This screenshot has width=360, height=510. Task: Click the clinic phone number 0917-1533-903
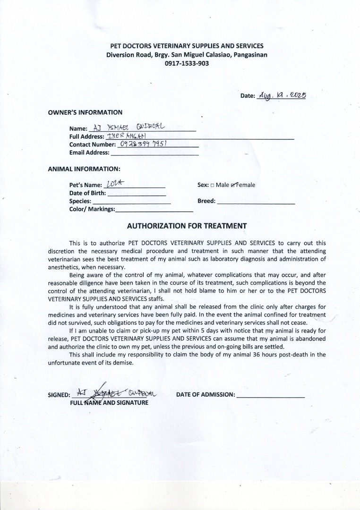[x=187, y=63]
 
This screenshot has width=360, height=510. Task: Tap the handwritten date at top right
[x=282, y=95]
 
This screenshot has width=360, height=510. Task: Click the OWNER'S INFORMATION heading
[x=85, y=112]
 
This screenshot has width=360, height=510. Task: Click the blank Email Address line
[x=154, y=154]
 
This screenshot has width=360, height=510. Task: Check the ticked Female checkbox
[x=233, y=185]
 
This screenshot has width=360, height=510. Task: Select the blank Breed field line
[x=256, y=203]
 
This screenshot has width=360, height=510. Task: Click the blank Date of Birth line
[x=137, y=194]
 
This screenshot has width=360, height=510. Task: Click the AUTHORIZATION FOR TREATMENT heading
[x=187, y=226]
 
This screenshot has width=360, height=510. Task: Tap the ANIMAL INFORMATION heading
[x=84, y=169]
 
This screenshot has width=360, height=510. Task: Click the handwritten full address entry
[x=120, y=136]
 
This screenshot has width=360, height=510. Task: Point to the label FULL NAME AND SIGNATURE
[x=109, y=403]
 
